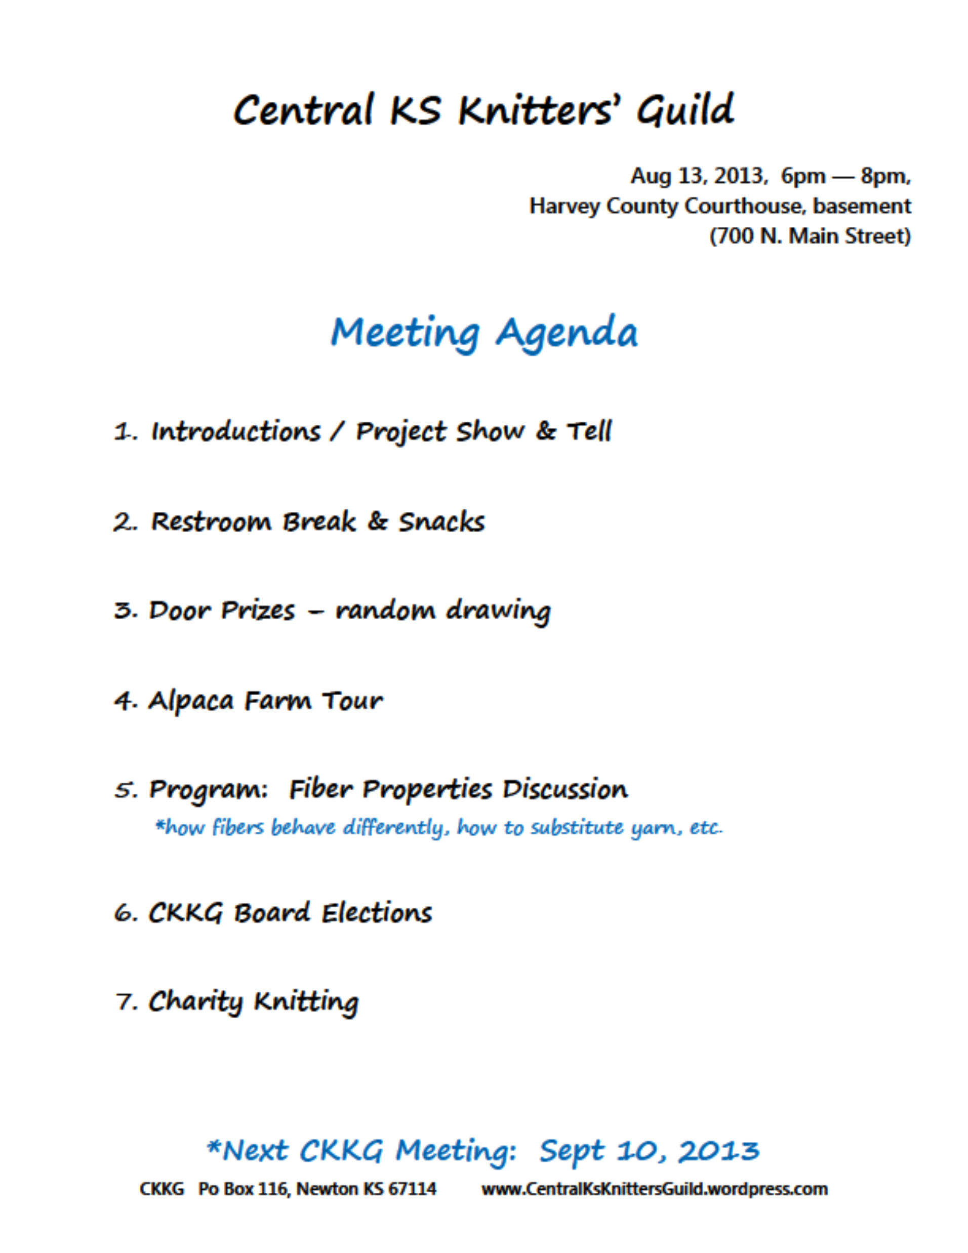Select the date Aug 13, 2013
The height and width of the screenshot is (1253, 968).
697,176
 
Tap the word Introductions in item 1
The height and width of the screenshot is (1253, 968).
236,431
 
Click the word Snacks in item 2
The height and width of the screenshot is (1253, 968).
441,521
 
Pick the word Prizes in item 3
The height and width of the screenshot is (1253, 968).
258,611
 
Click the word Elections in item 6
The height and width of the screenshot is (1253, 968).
376,913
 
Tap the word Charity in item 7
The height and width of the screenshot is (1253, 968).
195,1002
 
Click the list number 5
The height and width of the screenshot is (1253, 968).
124,790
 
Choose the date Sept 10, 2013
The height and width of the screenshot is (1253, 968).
649,1151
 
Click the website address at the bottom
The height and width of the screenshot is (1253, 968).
654,1189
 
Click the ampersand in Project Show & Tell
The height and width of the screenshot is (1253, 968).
545,431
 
